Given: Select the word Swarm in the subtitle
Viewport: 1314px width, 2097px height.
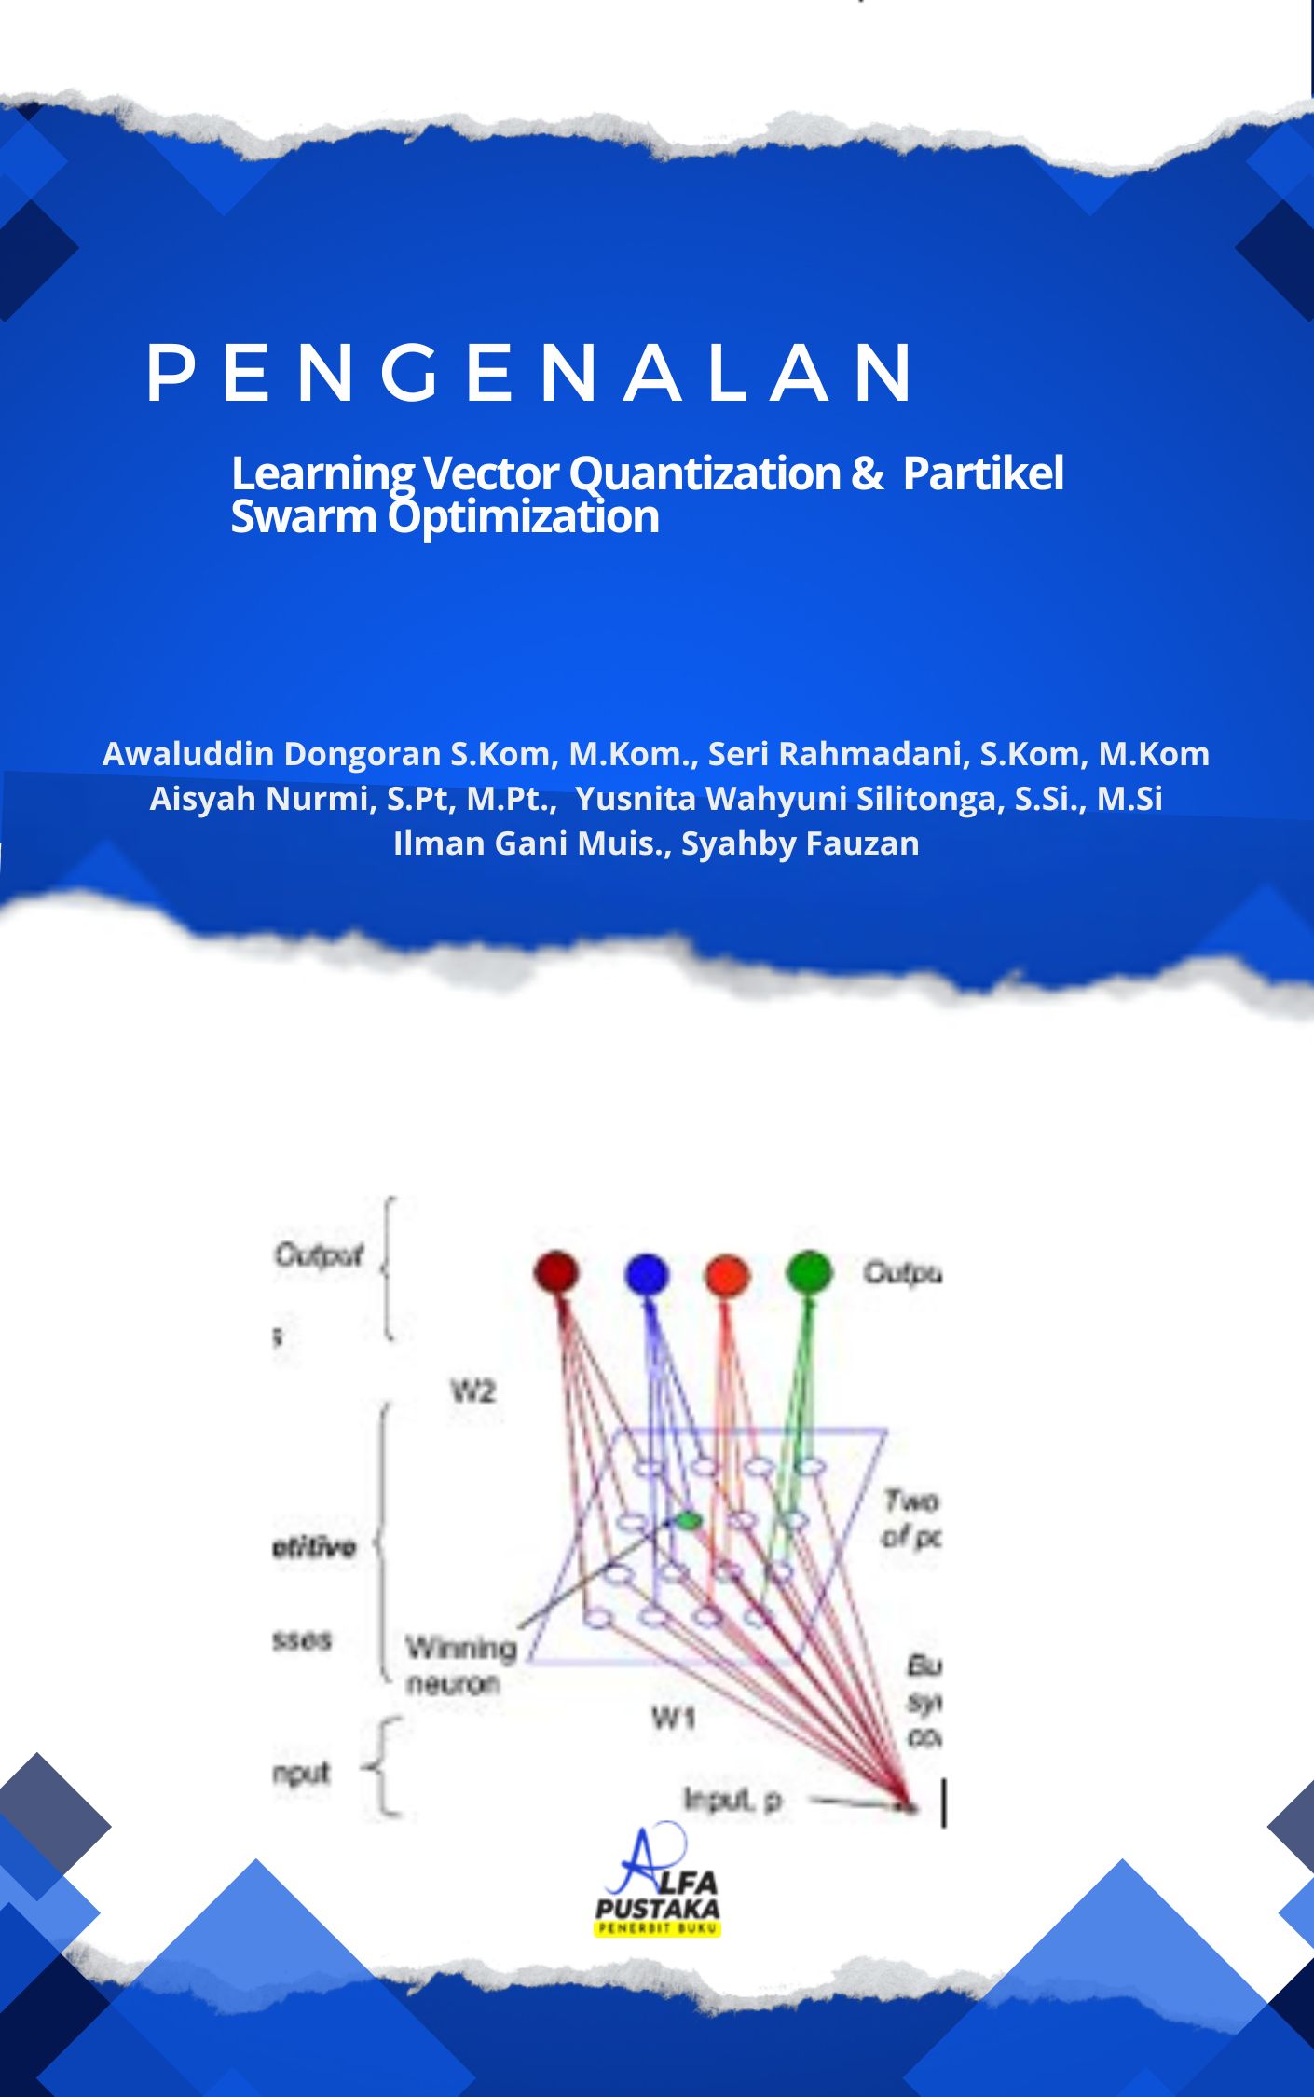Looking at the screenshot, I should [303, 516].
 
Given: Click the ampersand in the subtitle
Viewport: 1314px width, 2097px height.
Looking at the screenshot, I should [867, 473].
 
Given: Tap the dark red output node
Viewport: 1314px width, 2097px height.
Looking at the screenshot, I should [556, 1272].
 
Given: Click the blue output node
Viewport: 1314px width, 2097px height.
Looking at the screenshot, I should [647, 1274].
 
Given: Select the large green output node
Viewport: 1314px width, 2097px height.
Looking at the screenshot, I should [808, 1271].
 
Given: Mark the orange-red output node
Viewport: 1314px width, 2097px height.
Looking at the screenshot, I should [727, 1275].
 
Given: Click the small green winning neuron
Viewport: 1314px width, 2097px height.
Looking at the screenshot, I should [689, 1520].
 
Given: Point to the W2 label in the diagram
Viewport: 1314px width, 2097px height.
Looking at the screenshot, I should [472, 1392].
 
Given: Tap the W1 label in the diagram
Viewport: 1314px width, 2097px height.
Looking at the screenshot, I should [673, 1717].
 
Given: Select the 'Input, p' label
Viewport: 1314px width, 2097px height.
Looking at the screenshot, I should [732, 1800].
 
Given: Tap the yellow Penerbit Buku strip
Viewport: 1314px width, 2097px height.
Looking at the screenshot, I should [657, 1928].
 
